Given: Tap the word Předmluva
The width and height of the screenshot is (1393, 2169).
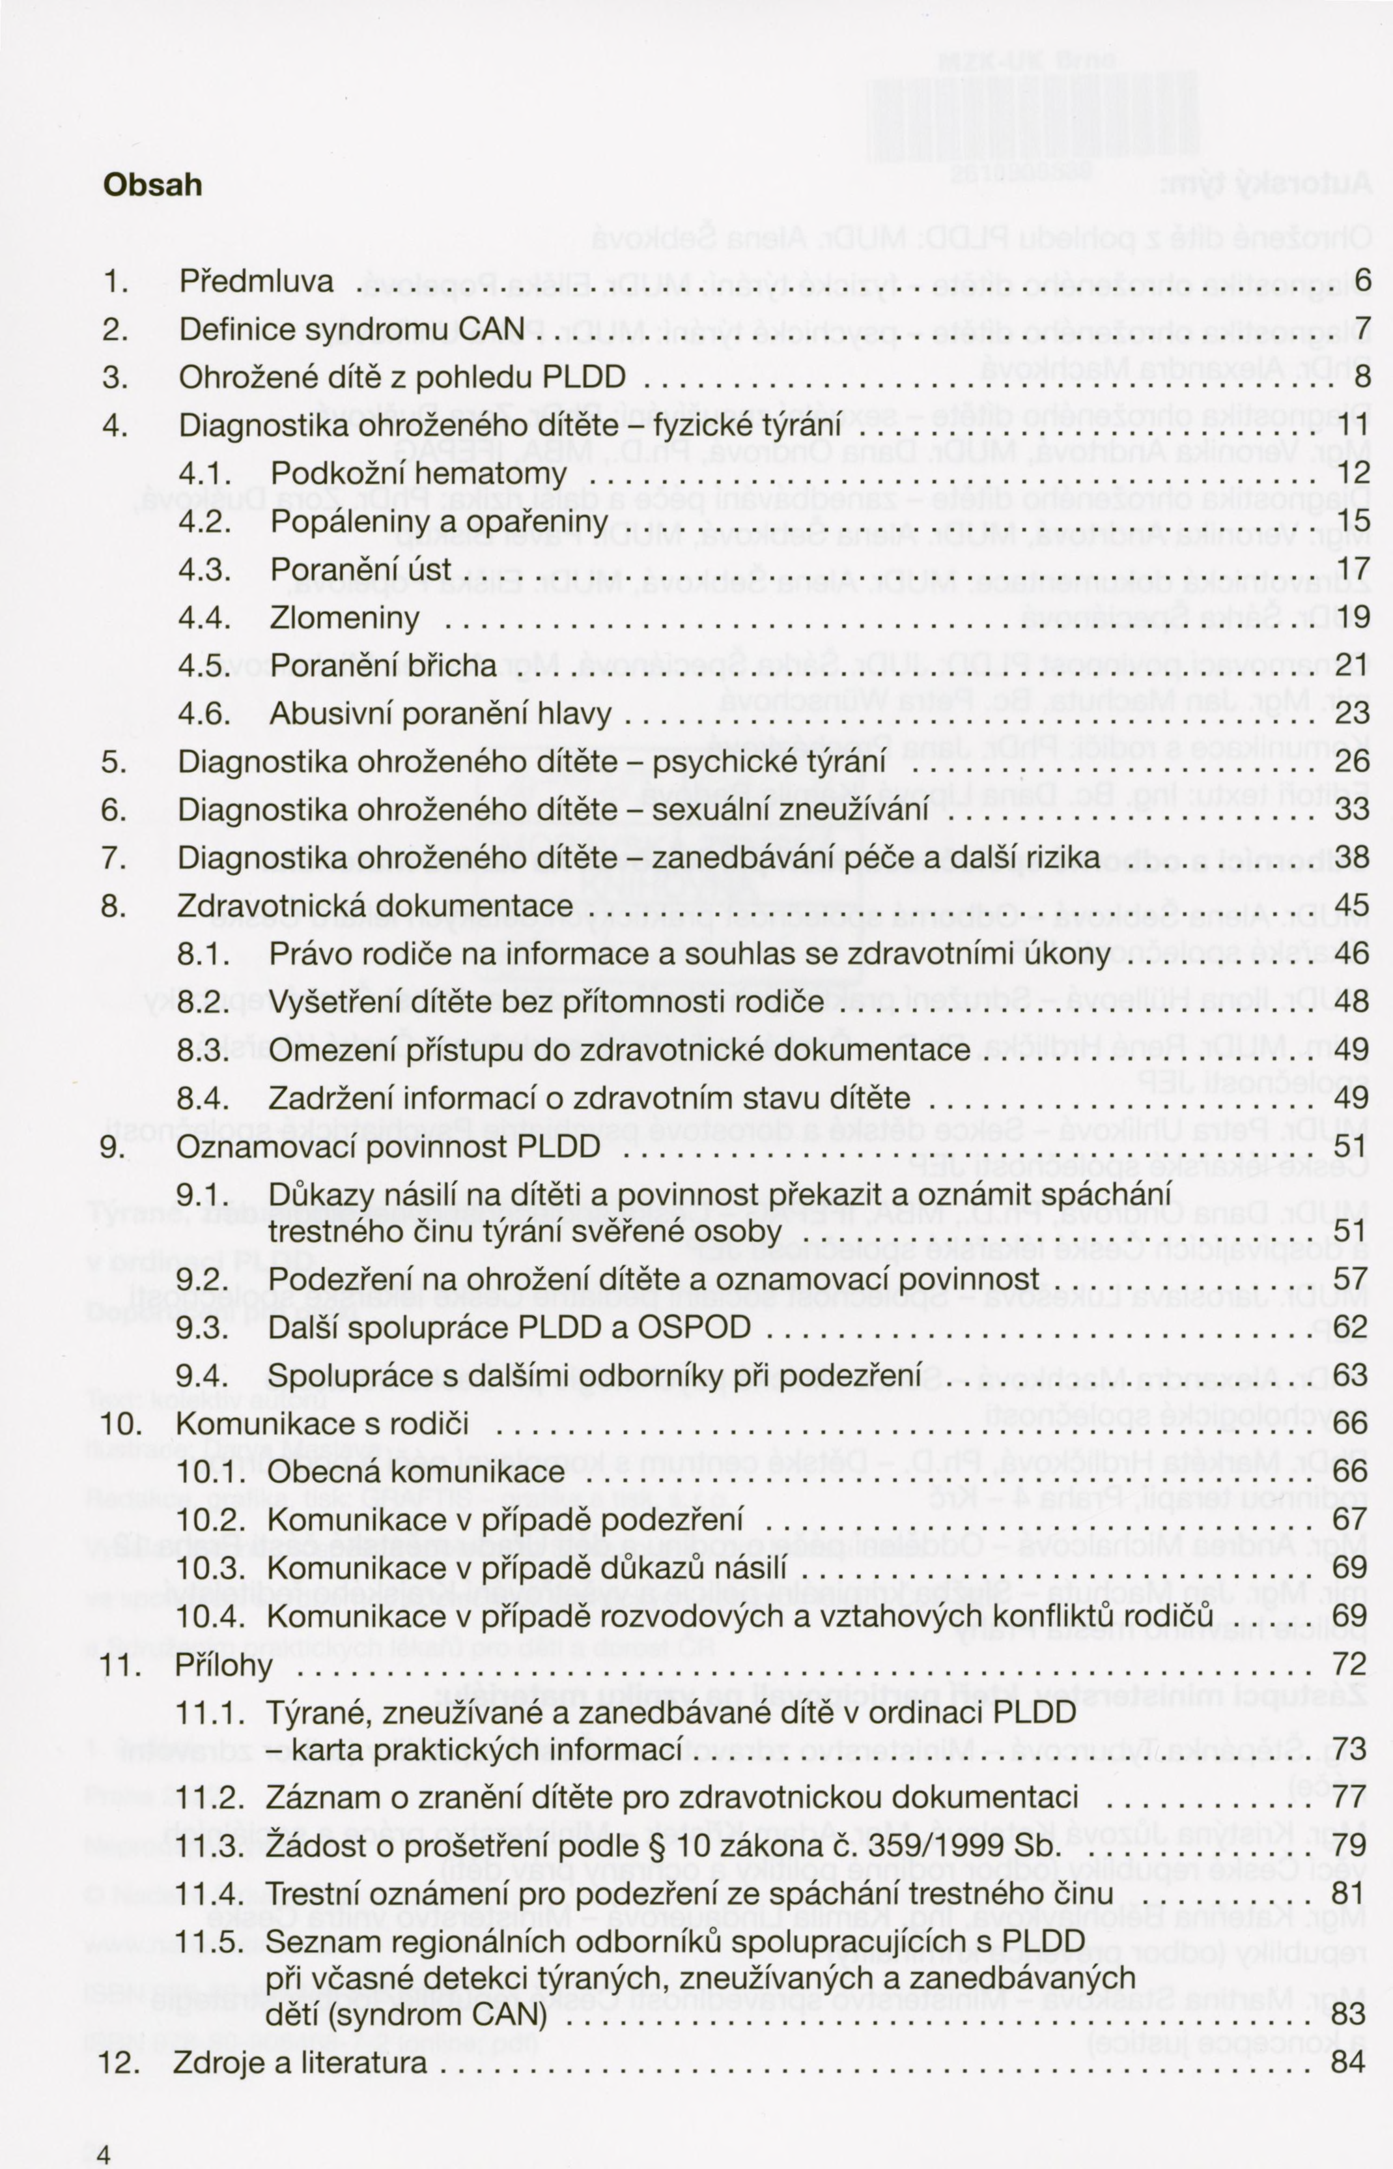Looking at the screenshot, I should [x=257, y=281].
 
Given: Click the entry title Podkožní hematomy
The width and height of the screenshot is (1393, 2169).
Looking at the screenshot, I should [x=418, y=473].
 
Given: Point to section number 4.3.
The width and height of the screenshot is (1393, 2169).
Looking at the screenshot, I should [x=204, y=569].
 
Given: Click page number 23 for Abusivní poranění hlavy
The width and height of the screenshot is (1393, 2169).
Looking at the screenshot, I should [x=1352, y=714].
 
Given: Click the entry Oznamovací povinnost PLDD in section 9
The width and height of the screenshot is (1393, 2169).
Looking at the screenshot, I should [x=389, y=1147].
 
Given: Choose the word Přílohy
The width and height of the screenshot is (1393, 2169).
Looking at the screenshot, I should [x=224, y=1665].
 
